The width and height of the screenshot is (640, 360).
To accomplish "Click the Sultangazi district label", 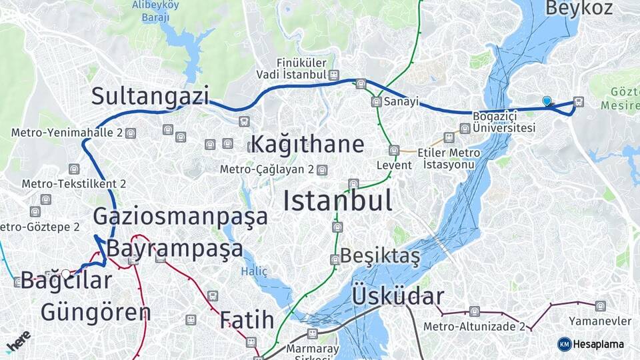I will pyautogui.click(x=150, y=96).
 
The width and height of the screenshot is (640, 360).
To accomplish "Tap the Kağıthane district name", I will pyautogui.click(x=307, y=144).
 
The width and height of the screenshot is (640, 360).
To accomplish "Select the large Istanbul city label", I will pyautogui.click(x=337, y=201).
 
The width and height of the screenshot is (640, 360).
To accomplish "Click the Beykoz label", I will pyautogui.click(x=579, y=8).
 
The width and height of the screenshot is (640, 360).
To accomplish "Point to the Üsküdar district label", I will pyautogui.click(x=397, y=296).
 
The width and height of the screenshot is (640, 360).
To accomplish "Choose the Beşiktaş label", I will pyautogui.click(x=380, y=256).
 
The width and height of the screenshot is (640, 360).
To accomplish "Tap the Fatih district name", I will pyautogui.click(x=247, y=320).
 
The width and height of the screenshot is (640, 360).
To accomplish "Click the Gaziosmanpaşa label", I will pyautogui.click(x=180, y=216).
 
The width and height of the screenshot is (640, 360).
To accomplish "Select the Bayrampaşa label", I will pyautogui.click(x=175, y=249).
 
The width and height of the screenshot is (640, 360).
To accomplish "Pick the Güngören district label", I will pyautogui.click(x=95, y=311).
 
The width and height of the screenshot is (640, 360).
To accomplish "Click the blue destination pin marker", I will pyautogui.click(x=547, y=101).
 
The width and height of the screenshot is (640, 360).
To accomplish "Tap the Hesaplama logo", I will pyautogui.click(x=591, y=344).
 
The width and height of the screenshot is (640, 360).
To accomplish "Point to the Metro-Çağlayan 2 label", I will pyautogui.click(x=267, y=169).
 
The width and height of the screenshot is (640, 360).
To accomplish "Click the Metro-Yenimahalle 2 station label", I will pyautogui.click(x=67, y=133).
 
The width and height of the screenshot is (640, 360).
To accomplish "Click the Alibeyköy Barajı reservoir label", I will pyautogui.click(x=155, y=11).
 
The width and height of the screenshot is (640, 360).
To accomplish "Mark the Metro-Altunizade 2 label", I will pyautogui.click(x=474, y=327).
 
